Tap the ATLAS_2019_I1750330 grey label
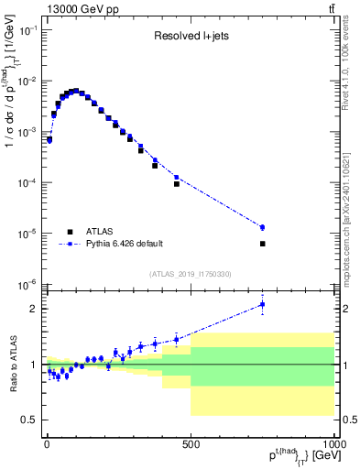[x=190, y=274]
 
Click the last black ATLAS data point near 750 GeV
[x=262, y=244]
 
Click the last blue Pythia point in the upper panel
[x=262, y=227]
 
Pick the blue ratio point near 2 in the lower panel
[x=262, y=304]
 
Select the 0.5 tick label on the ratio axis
[x=27, y=420]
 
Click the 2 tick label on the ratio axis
[x=32, y=309]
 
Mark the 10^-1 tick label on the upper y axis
[x=26, y=30]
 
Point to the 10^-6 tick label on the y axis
[x=26, y=284]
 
